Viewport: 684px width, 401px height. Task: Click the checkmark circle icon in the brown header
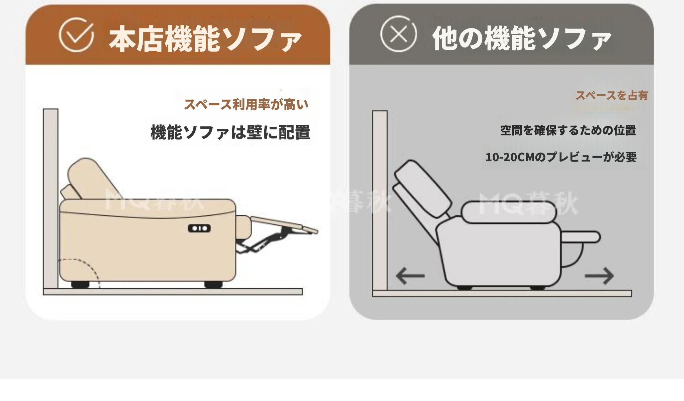pos(76,35)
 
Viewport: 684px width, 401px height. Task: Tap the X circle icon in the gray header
pos(398,34)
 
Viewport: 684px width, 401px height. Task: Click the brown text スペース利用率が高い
pos(246,104)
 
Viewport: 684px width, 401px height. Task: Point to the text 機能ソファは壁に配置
pos(230,132)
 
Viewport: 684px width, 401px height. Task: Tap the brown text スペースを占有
pos(612,96)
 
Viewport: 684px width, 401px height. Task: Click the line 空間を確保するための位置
pos(568,130)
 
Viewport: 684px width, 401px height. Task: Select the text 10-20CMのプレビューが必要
pos(561,157)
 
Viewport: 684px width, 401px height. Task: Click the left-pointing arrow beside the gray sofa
pos(410,276)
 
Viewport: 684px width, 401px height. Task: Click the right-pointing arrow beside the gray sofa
pos(599,276)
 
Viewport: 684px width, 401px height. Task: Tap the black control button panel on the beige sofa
pos(199,228)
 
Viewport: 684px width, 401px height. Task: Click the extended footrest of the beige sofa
pos(284,224)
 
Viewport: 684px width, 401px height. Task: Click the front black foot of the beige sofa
pos(213,285)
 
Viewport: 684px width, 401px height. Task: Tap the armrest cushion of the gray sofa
pos(509,212)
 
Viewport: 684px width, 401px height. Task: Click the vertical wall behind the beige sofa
pos(51,198)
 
